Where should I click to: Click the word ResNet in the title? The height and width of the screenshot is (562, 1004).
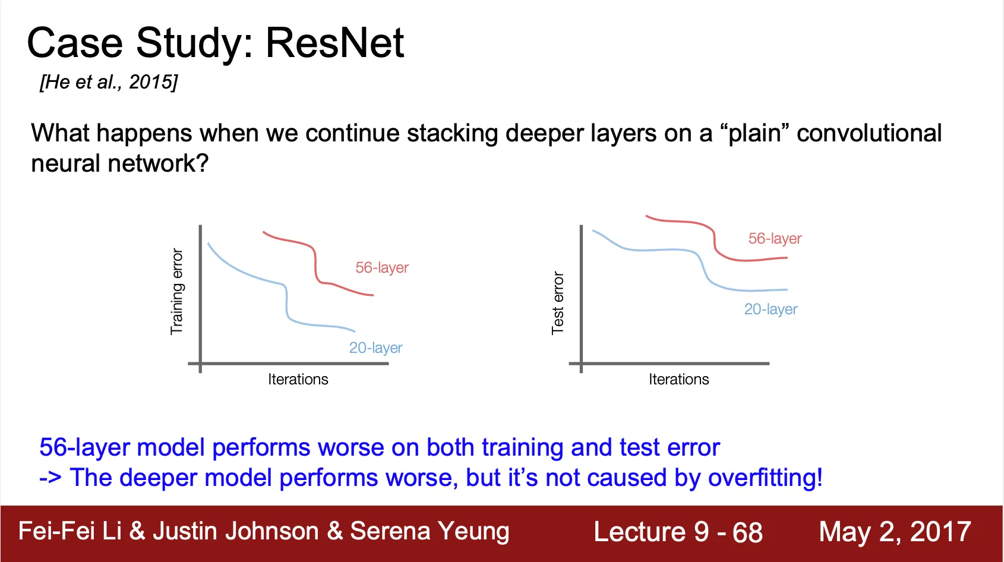click(335, 43)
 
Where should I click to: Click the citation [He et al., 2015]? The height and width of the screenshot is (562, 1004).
click(109, 81)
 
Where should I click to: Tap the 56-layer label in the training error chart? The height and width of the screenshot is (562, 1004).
click(382, 267)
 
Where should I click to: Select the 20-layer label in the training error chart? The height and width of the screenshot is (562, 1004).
click(375, 348)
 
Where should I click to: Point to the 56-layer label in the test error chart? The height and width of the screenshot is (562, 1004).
click(775, 238)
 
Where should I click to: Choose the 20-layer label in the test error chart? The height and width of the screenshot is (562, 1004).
click(771, 309)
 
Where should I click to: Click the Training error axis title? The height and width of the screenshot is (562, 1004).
click(177, 292)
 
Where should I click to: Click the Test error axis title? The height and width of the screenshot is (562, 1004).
click(558, 303)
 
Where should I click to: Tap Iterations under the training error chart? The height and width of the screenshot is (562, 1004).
click(298, 379)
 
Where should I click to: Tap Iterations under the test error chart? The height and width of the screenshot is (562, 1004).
click(679, 379)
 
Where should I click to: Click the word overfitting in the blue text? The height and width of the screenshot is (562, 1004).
click(765, 477)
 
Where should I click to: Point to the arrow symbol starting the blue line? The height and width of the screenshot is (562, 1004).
click(50, 478)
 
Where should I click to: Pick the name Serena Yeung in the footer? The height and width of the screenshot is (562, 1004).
click(430, 531)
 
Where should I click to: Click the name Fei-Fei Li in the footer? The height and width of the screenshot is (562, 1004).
click(70, 531)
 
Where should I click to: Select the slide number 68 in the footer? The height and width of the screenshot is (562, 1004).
click(747, 532)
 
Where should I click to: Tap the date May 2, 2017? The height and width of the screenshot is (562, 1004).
click(895, 532)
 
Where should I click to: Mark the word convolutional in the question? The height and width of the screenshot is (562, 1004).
click(869, 133)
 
